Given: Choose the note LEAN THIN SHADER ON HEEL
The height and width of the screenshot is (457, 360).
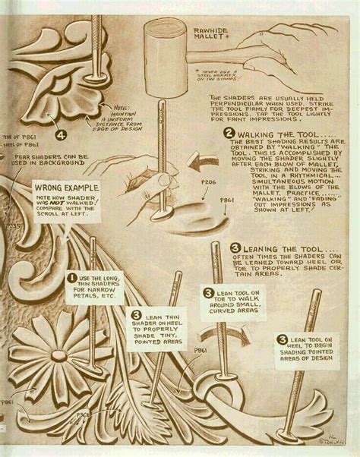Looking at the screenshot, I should coord(160,326).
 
